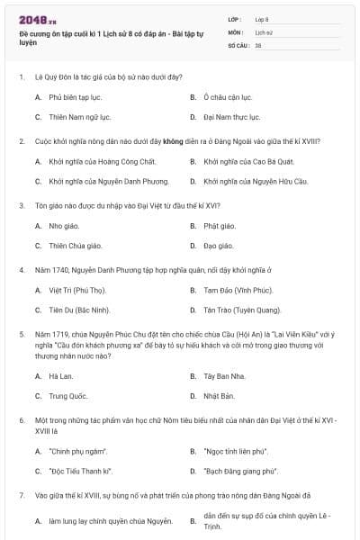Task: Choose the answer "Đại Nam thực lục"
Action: [230, 117]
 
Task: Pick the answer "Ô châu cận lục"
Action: [228, 97]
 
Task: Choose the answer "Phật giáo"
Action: [219, 225]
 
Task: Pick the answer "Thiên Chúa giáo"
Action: [76, 245]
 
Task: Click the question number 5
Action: [21, 333]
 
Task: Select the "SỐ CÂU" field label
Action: [238, 44]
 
